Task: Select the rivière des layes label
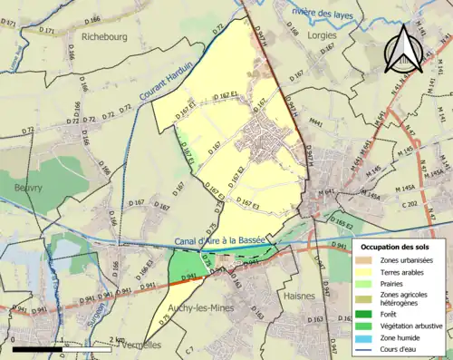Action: [323, 12]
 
